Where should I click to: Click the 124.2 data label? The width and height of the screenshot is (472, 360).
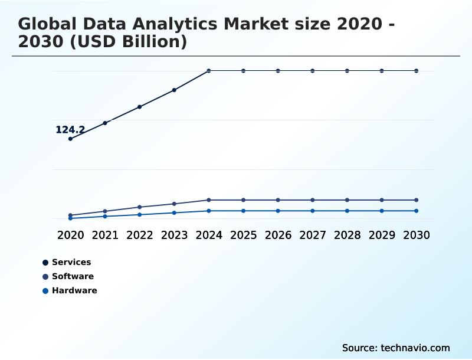(x=70, y=130)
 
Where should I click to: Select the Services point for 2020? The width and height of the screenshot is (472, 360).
(x=70, y=139)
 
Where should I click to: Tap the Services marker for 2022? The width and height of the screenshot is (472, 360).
(x=140, y=107)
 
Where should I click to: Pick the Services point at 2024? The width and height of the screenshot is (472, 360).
(x=209, y=71)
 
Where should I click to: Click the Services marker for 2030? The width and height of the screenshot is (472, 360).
(x=417, y=71)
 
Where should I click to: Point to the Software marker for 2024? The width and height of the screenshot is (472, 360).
(x=209, y=200)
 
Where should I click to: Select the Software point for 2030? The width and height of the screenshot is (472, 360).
(x=417, y=200)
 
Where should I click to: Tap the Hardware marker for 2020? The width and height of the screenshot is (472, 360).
(x=70, y=218)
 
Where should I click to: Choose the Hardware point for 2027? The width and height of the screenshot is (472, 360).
(x=313, y=211)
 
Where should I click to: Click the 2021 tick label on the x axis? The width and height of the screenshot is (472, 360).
(x=105, y=235)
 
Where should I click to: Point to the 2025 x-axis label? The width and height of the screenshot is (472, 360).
(x=243, y=235)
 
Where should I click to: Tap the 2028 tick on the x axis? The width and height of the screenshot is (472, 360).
(x=347, y=235)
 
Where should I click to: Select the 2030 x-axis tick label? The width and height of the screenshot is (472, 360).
(x=417, y=235)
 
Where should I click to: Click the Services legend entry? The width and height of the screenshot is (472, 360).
(x=71, y=262)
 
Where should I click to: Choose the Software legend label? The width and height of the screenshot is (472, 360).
(x=73, y=276)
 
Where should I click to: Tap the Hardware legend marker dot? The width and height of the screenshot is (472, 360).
(x=45, y=290)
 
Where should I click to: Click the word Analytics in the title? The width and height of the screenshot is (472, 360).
(x=168, y=24)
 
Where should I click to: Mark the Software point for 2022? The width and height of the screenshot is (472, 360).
(x=140, y=207)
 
